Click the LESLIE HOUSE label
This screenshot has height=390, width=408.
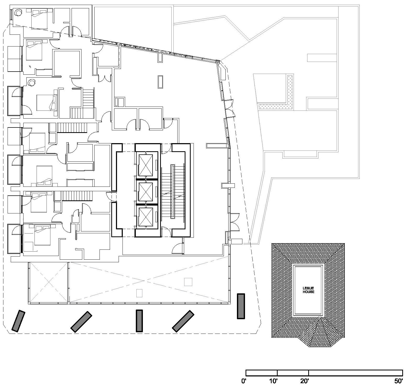(x=308, y=290)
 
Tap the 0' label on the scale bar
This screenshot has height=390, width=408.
(x=244, y=381)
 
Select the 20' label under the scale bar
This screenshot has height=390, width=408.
(x=304, y=381)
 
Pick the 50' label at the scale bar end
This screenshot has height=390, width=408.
(x=399, y=381)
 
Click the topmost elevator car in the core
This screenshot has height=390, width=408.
(x=145, y=165)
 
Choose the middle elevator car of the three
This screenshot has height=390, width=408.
(x=145, y=192)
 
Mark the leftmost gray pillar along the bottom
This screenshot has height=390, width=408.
(x=18, y=321)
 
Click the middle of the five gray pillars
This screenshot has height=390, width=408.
(x=139, y=321)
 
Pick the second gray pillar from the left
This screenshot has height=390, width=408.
(x=81, y=322)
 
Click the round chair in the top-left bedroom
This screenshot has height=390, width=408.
(x=18, y=12)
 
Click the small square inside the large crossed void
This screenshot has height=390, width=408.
(x=188, y=282)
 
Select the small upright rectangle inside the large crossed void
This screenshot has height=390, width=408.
(x=139, y=293)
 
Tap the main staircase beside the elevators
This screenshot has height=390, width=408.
(x=172, y=194)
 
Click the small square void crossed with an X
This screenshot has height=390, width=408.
(x=48, y=282)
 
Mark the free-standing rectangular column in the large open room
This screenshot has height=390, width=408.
(x=160, y=82)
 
